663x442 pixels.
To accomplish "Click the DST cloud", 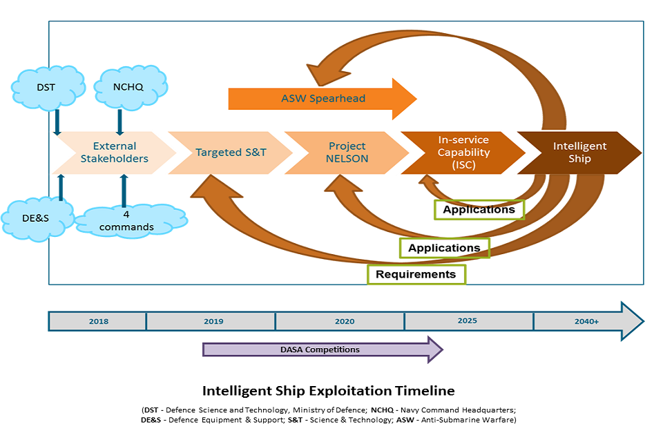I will click(47, 88).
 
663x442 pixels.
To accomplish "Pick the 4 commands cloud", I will click(126, 220).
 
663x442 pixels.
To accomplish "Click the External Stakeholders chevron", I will click(114, 153).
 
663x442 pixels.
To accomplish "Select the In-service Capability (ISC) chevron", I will click(463, 153).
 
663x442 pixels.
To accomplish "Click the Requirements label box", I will click(416, 274).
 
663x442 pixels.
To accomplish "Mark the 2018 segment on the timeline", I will click(98, 321).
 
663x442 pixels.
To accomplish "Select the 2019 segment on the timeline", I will click(213, 321).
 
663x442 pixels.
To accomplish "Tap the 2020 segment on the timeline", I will click(344, 321).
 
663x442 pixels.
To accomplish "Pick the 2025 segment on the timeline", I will click(467, 321).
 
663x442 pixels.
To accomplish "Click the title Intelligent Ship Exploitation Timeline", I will click(328, 391).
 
